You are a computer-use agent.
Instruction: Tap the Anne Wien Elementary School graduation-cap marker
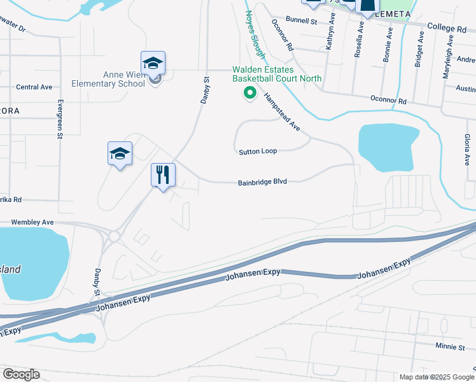[x=153, y=64]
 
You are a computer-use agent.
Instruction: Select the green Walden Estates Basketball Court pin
[x=250, y=94]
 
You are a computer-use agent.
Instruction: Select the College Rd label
[x=447, y=28]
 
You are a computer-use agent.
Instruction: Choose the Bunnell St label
[x=301, y=21]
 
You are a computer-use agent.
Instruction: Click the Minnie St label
[x=450, y=347]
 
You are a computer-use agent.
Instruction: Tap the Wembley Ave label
[x=32, y=222]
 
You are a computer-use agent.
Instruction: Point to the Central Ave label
[x=34, y=87]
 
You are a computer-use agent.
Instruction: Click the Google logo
[x=21, y=374]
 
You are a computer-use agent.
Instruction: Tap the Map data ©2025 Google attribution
[x=436, y=377]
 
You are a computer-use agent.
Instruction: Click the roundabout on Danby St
[x=114, y=237]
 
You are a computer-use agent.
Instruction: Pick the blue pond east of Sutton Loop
[x=388, y=147]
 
